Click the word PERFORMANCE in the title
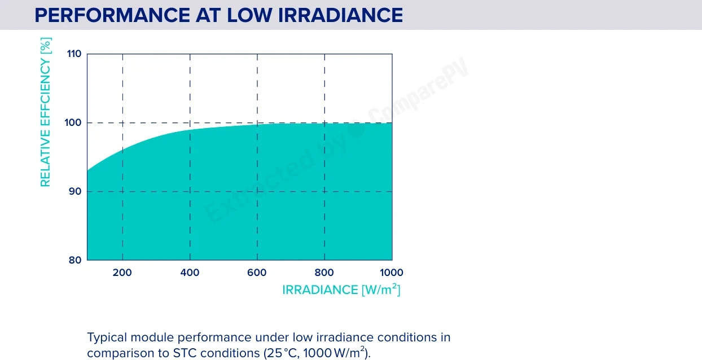112,15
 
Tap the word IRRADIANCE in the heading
340,15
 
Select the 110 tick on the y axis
74,54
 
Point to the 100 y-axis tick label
73,122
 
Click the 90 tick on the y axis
75,191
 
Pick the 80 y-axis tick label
75,260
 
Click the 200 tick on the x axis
122,273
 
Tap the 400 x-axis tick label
190,273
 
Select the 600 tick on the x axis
257,273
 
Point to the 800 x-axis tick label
324,273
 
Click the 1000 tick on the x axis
392,273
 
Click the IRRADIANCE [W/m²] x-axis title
341,289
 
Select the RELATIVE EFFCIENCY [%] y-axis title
46,112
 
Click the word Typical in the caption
107,338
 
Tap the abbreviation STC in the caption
185,353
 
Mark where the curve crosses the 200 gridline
122,150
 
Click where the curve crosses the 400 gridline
190,129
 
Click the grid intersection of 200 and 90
122,191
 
